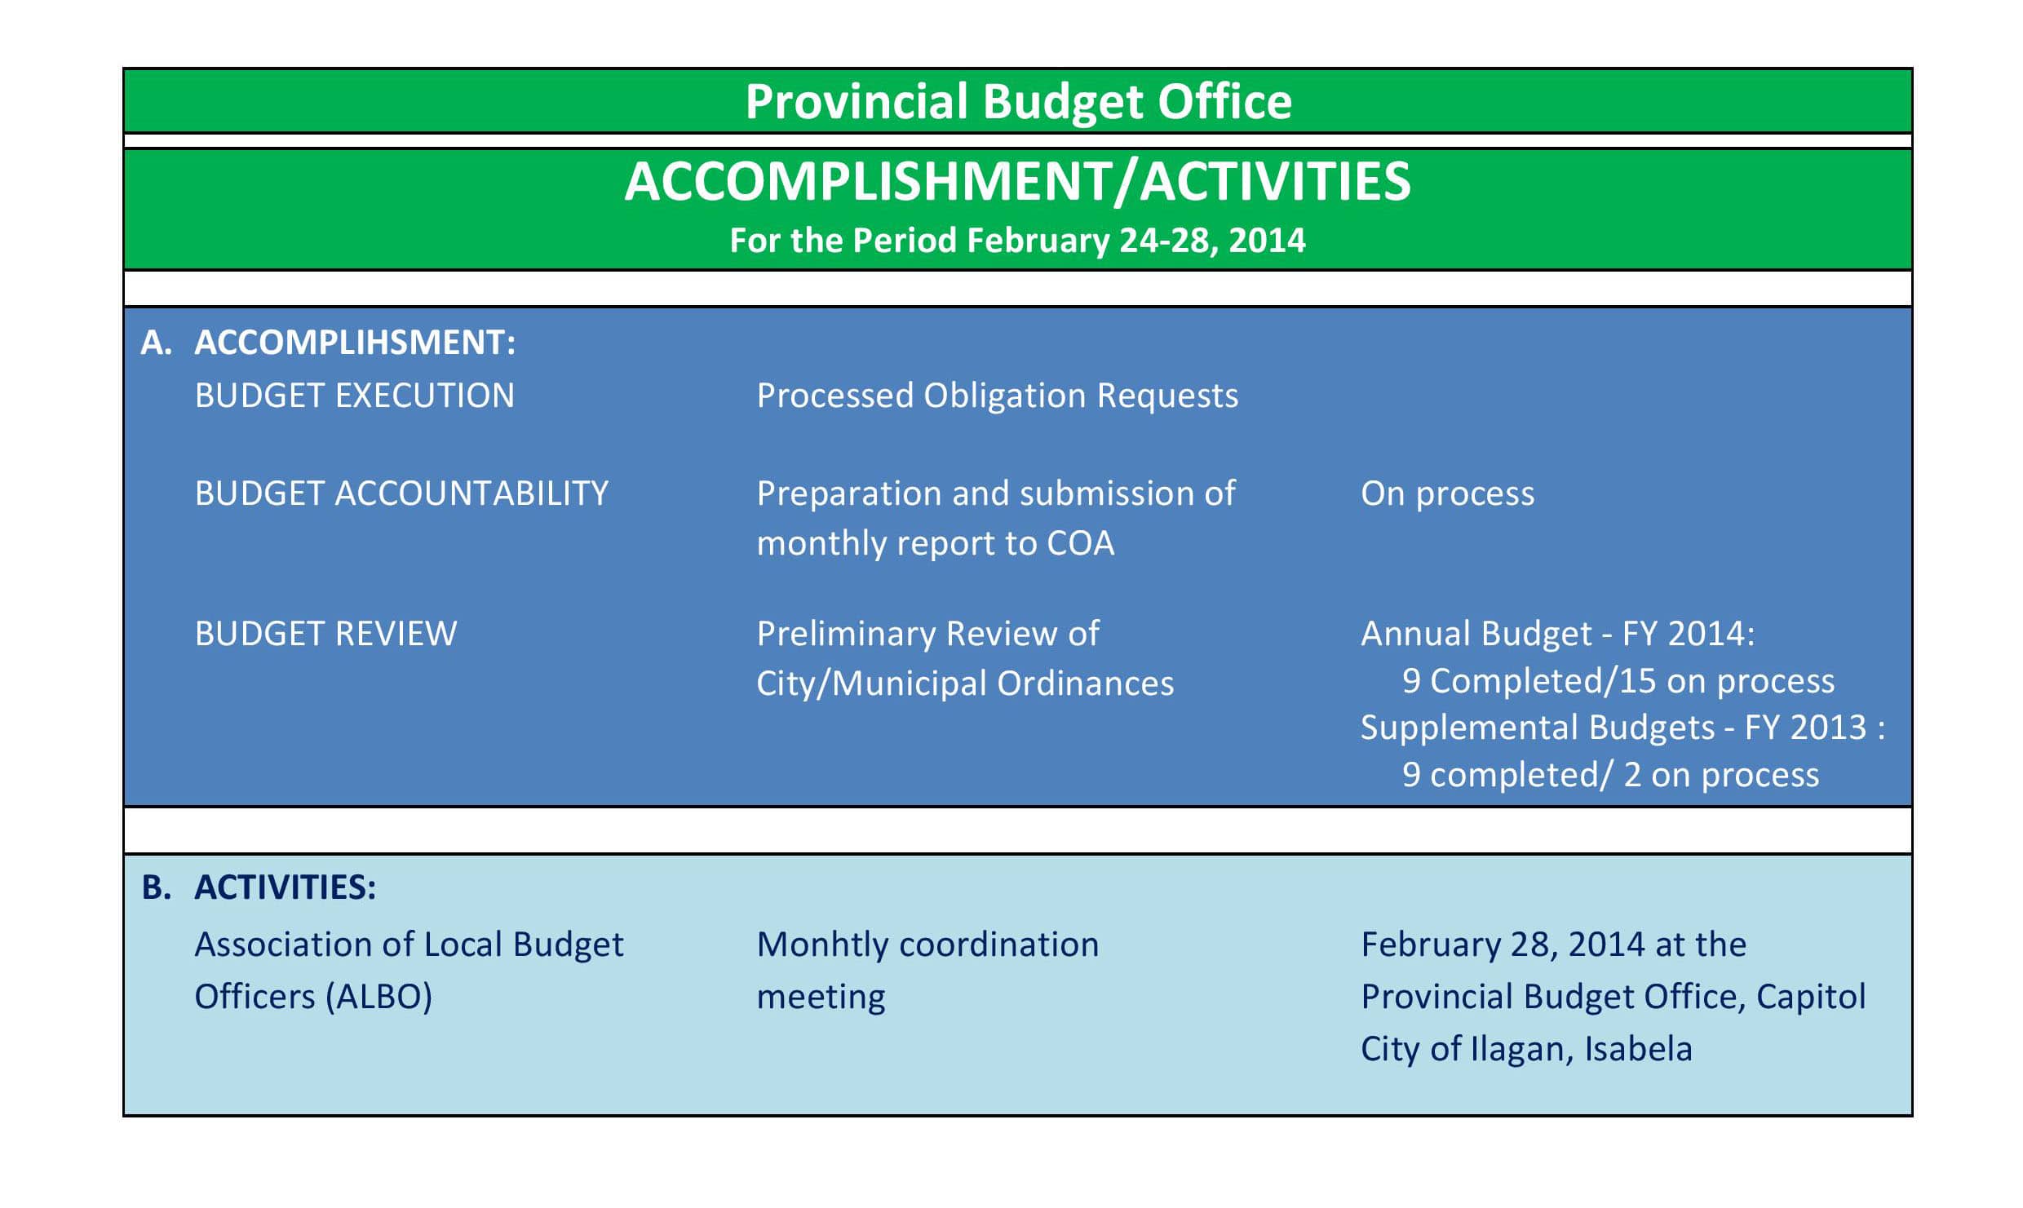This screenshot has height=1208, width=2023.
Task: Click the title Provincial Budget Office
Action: coord(1018,103)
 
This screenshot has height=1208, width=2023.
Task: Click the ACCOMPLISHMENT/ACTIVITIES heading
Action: coord(1017,181)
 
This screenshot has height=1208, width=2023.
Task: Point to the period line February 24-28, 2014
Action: coord(1017,241)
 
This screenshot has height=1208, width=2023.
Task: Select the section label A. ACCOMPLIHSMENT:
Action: coord(328,342)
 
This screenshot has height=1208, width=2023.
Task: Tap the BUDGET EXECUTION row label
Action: coord(355,396)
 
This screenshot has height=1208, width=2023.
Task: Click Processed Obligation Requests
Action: coord(997,396)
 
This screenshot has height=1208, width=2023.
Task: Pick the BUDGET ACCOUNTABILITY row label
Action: coord(401,493)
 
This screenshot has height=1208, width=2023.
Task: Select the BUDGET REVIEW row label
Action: coord(325,634)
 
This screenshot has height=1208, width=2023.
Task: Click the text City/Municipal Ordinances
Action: coord(965,684)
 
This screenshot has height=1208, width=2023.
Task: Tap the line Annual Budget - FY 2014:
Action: coord(1557,634)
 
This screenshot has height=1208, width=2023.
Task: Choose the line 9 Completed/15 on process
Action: coord(1618,681)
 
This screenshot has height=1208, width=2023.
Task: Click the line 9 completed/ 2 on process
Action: coord(1610,775)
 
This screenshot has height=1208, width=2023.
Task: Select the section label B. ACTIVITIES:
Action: coord(259,887)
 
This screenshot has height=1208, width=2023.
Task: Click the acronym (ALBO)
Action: coord(378,997)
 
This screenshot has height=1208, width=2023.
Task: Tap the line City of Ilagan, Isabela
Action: coord(1526,1049)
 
